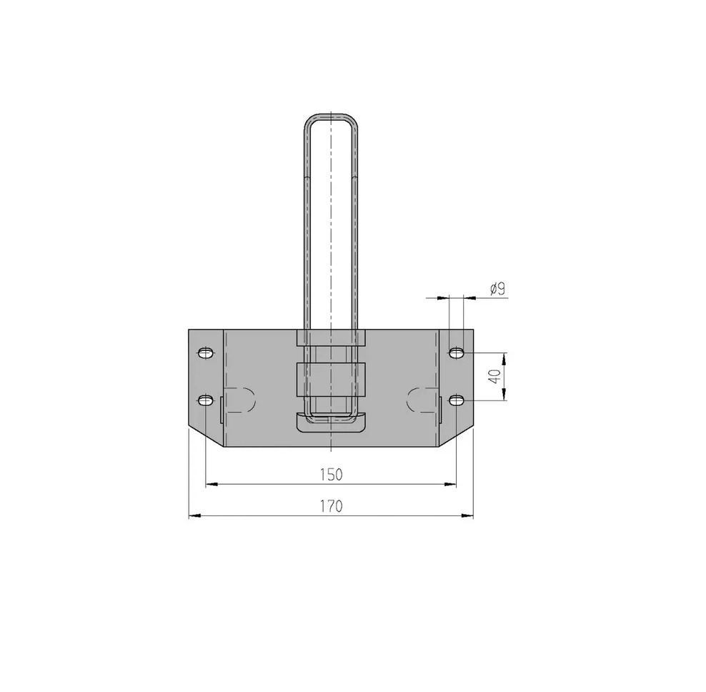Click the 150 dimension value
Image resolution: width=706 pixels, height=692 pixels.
pos(332,475)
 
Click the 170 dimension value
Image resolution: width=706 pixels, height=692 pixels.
pos(332,506)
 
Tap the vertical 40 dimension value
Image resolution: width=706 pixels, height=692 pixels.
pos(494,377)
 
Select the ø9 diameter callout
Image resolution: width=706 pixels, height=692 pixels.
pos(497,289)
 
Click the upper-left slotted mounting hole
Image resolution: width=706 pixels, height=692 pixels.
pos(206,352)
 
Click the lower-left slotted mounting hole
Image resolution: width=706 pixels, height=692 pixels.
pos(206,400)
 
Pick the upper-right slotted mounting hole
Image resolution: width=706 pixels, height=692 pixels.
pos(457,352)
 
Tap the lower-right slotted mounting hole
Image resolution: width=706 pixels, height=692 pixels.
pos(457,400)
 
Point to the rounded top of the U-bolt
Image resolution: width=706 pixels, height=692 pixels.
pos(332,116)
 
